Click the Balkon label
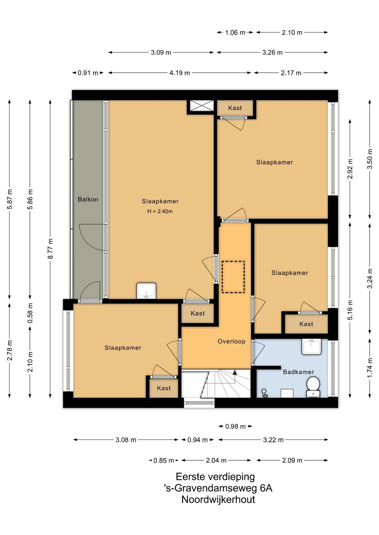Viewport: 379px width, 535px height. click(x=88, y=199)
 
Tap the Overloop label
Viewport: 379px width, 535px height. click(x=232, y=341)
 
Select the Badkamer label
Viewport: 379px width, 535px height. click(x=298, y=372)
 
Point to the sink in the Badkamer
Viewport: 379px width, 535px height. click(x=311, y=347)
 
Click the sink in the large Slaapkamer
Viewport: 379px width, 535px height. click(x=146, y=291)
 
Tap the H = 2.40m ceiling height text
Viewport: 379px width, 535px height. click(x=160, y=211)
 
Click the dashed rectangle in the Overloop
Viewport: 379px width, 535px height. click(x=233, y=277)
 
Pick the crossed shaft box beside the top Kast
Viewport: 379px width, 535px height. click(x=202, y=106)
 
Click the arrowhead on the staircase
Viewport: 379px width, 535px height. click(x=235, y=372)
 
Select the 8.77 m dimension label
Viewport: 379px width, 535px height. click(x=51, y=248)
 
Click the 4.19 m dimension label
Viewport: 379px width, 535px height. click(x=180, y=73)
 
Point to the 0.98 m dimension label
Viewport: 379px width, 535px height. click(x=235, y=426)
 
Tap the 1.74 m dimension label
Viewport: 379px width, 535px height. click(x=370, y=368)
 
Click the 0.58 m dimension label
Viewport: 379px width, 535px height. click(x=30, y=313)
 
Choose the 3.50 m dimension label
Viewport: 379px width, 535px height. click(x=370, y=159)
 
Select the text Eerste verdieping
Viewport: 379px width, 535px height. click(x=215, y=477)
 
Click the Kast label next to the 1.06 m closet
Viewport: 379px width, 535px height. click(x=235, y=108)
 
